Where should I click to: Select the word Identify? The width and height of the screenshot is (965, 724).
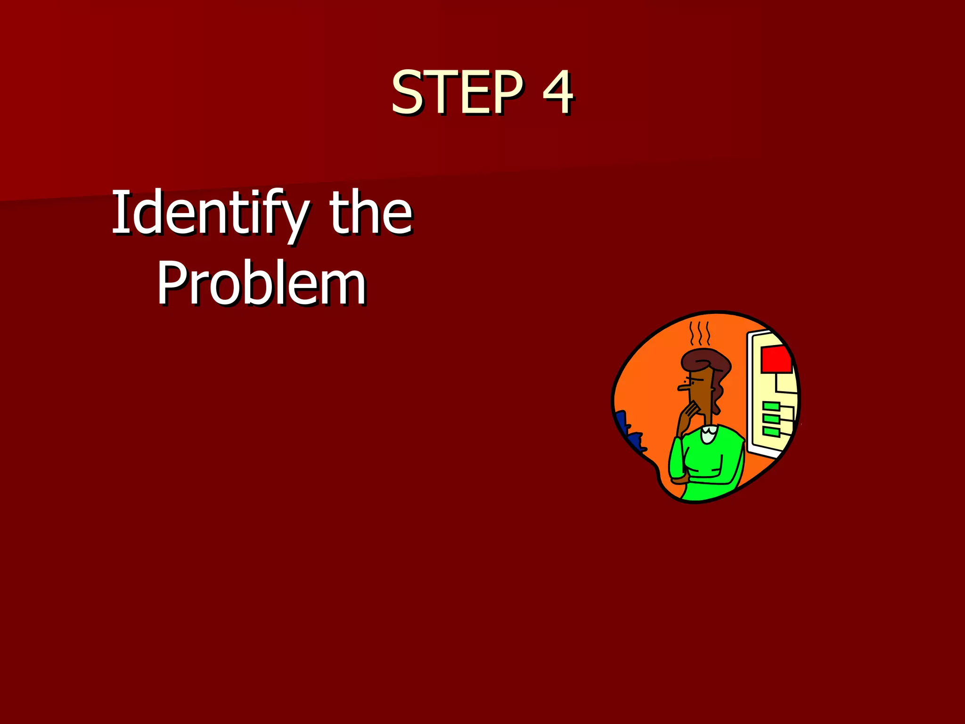click(x=210, y=213)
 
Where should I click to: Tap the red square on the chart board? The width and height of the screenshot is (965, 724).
click(x=776, y=359)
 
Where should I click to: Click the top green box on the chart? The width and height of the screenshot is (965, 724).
click(x=771, y=406)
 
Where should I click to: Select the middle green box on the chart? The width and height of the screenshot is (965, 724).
click(x=771, y=419)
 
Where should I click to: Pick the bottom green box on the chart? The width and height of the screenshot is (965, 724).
click(x=771, y=431)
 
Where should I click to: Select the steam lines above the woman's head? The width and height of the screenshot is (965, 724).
click(x=700, y=334)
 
